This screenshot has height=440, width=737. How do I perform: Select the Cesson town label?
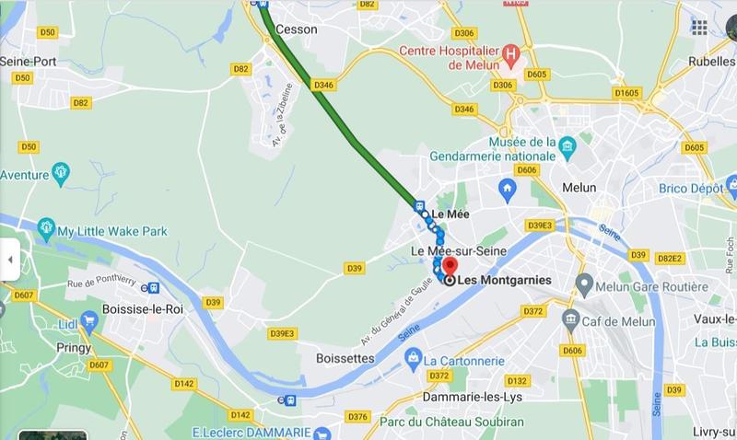297,29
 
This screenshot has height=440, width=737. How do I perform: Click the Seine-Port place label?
30,61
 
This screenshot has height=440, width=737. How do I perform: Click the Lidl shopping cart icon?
89,320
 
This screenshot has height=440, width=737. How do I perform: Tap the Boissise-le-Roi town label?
144,309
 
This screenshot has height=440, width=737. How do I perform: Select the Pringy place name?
73,348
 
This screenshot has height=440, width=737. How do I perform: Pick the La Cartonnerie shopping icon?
414,355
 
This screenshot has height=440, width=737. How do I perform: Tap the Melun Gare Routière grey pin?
582,281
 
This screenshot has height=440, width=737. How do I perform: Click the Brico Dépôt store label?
691,187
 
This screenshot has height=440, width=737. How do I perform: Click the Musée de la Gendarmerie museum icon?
567,145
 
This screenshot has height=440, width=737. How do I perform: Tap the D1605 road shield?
627,93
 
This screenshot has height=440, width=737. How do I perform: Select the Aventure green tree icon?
61,171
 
